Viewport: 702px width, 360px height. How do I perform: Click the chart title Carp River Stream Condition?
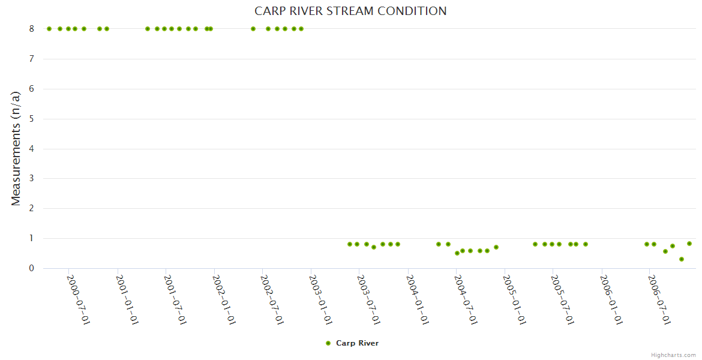[350, 11]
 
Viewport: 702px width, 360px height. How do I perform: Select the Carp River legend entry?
[357, 343]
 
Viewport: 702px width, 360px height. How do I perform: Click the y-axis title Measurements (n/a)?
[16, 148]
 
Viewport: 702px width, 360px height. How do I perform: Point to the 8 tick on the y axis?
[32, 29]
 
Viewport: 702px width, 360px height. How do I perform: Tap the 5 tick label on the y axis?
[32, 119]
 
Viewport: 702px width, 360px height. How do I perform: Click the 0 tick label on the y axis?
[32, 268]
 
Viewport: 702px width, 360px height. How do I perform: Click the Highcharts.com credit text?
[673, 355]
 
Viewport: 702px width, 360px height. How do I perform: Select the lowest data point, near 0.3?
[682, 259]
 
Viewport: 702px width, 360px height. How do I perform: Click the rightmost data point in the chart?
[689, 244]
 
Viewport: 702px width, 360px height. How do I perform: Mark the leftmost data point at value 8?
[49, 29]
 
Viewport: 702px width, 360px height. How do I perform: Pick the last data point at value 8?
[301, 29]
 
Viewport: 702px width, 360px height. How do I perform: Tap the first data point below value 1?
[350, 244]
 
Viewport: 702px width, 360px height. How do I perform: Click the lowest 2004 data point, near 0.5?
[457, 253]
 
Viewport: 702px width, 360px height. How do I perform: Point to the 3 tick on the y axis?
[32, 178]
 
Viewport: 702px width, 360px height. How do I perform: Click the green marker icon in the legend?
[328, 343]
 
